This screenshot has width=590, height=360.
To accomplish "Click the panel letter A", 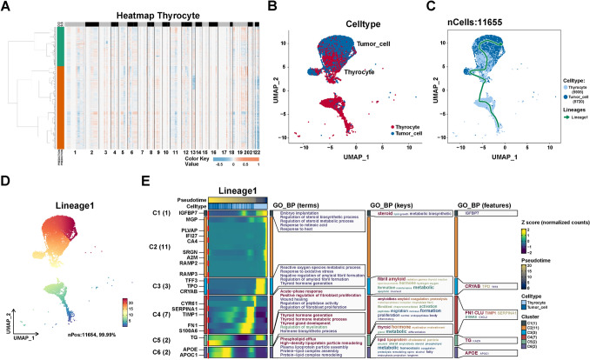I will [6, 6].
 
